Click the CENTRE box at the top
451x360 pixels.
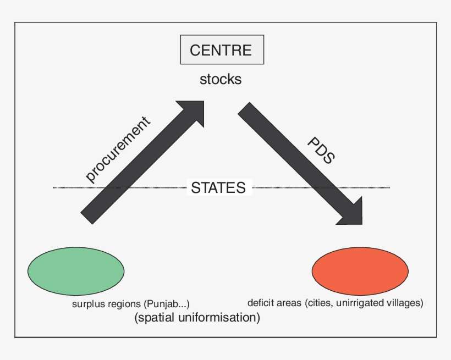pyautogui.click(x=222, y=51)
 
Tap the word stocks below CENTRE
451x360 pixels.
pyautogui.click(x=221, y=79)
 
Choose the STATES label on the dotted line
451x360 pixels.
pyautogui.click(x=218, y=187)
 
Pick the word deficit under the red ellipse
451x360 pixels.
pyautogui.click(x=260, y=302)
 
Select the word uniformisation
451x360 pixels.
pyautogui.click(x=216, y=318)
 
